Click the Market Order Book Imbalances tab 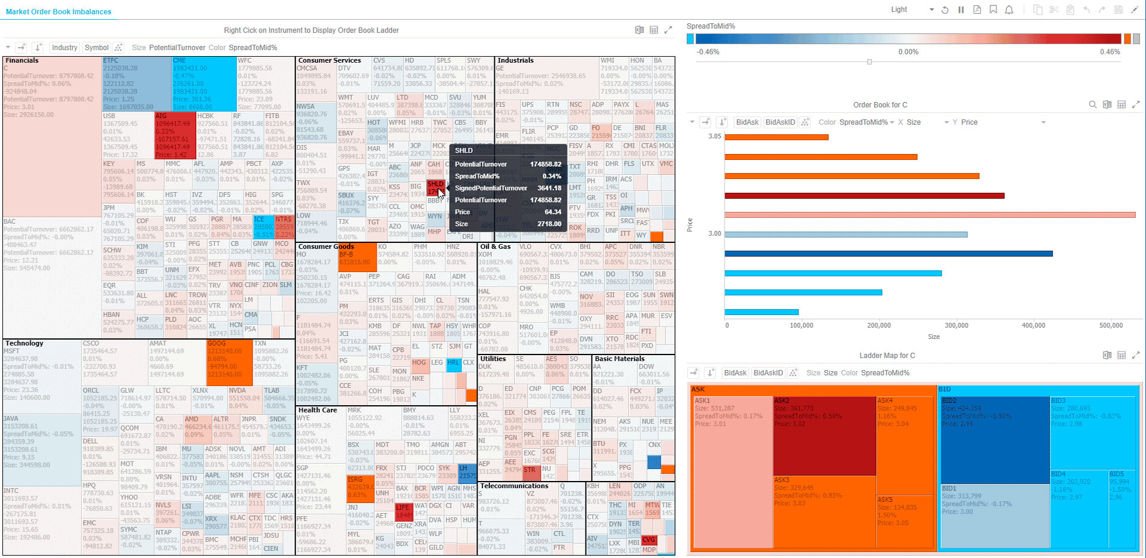[58, 12]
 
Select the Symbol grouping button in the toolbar [96, 48]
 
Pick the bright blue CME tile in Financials [204, 84]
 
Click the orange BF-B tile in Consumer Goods [358, 257]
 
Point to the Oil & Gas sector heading [495, 246]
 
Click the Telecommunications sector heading [514, 486]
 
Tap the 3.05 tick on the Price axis [714, 137]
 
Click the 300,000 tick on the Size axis [956, 325]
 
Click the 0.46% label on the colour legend [1110, 52]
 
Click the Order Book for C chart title [880, 105]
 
